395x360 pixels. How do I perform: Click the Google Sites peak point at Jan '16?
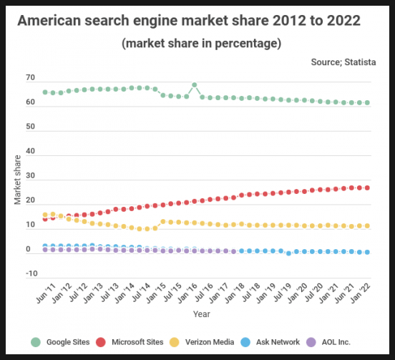tap(194, 85)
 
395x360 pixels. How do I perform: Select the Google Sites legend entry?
tap(60, 342)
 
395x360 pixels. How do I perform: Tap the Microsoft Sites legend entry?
tap(130, 342)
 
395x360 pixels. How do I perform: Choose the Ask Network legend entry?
tap(270, 342)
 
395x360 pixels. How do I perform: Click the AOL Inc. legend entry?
tap(328, 342)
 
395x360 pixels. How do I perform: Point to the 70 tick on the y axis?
tap(30, 77)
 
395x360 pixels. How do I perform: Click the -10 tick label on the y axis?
tap(31, 273)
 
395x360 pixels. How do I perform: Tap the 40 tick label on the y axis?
tap(30, 151)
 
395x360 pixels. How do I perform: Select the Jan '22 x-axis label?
tap(361, 292)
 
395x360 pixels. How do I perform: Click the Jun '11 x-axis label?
tap(46, 293)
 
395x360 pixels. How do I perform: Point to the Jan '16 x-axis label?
tap(187, 292)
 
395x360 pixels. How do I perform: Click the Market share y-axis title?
tap(17, 180)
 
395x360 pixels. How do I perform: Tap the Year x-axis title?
tap(202, 314)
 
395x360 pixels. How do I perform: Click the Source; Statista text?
tap(343, 62)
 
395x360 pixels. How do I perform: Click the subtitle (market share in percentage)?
tap(202, 44)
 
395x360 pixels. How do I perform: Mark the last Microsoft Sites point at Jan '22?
tap(367, 188)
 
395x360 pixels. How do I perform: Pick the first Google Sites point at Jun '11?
tap(45, 92)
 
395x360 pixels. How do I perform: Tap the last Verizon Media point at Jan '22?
tap(367, 226)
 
